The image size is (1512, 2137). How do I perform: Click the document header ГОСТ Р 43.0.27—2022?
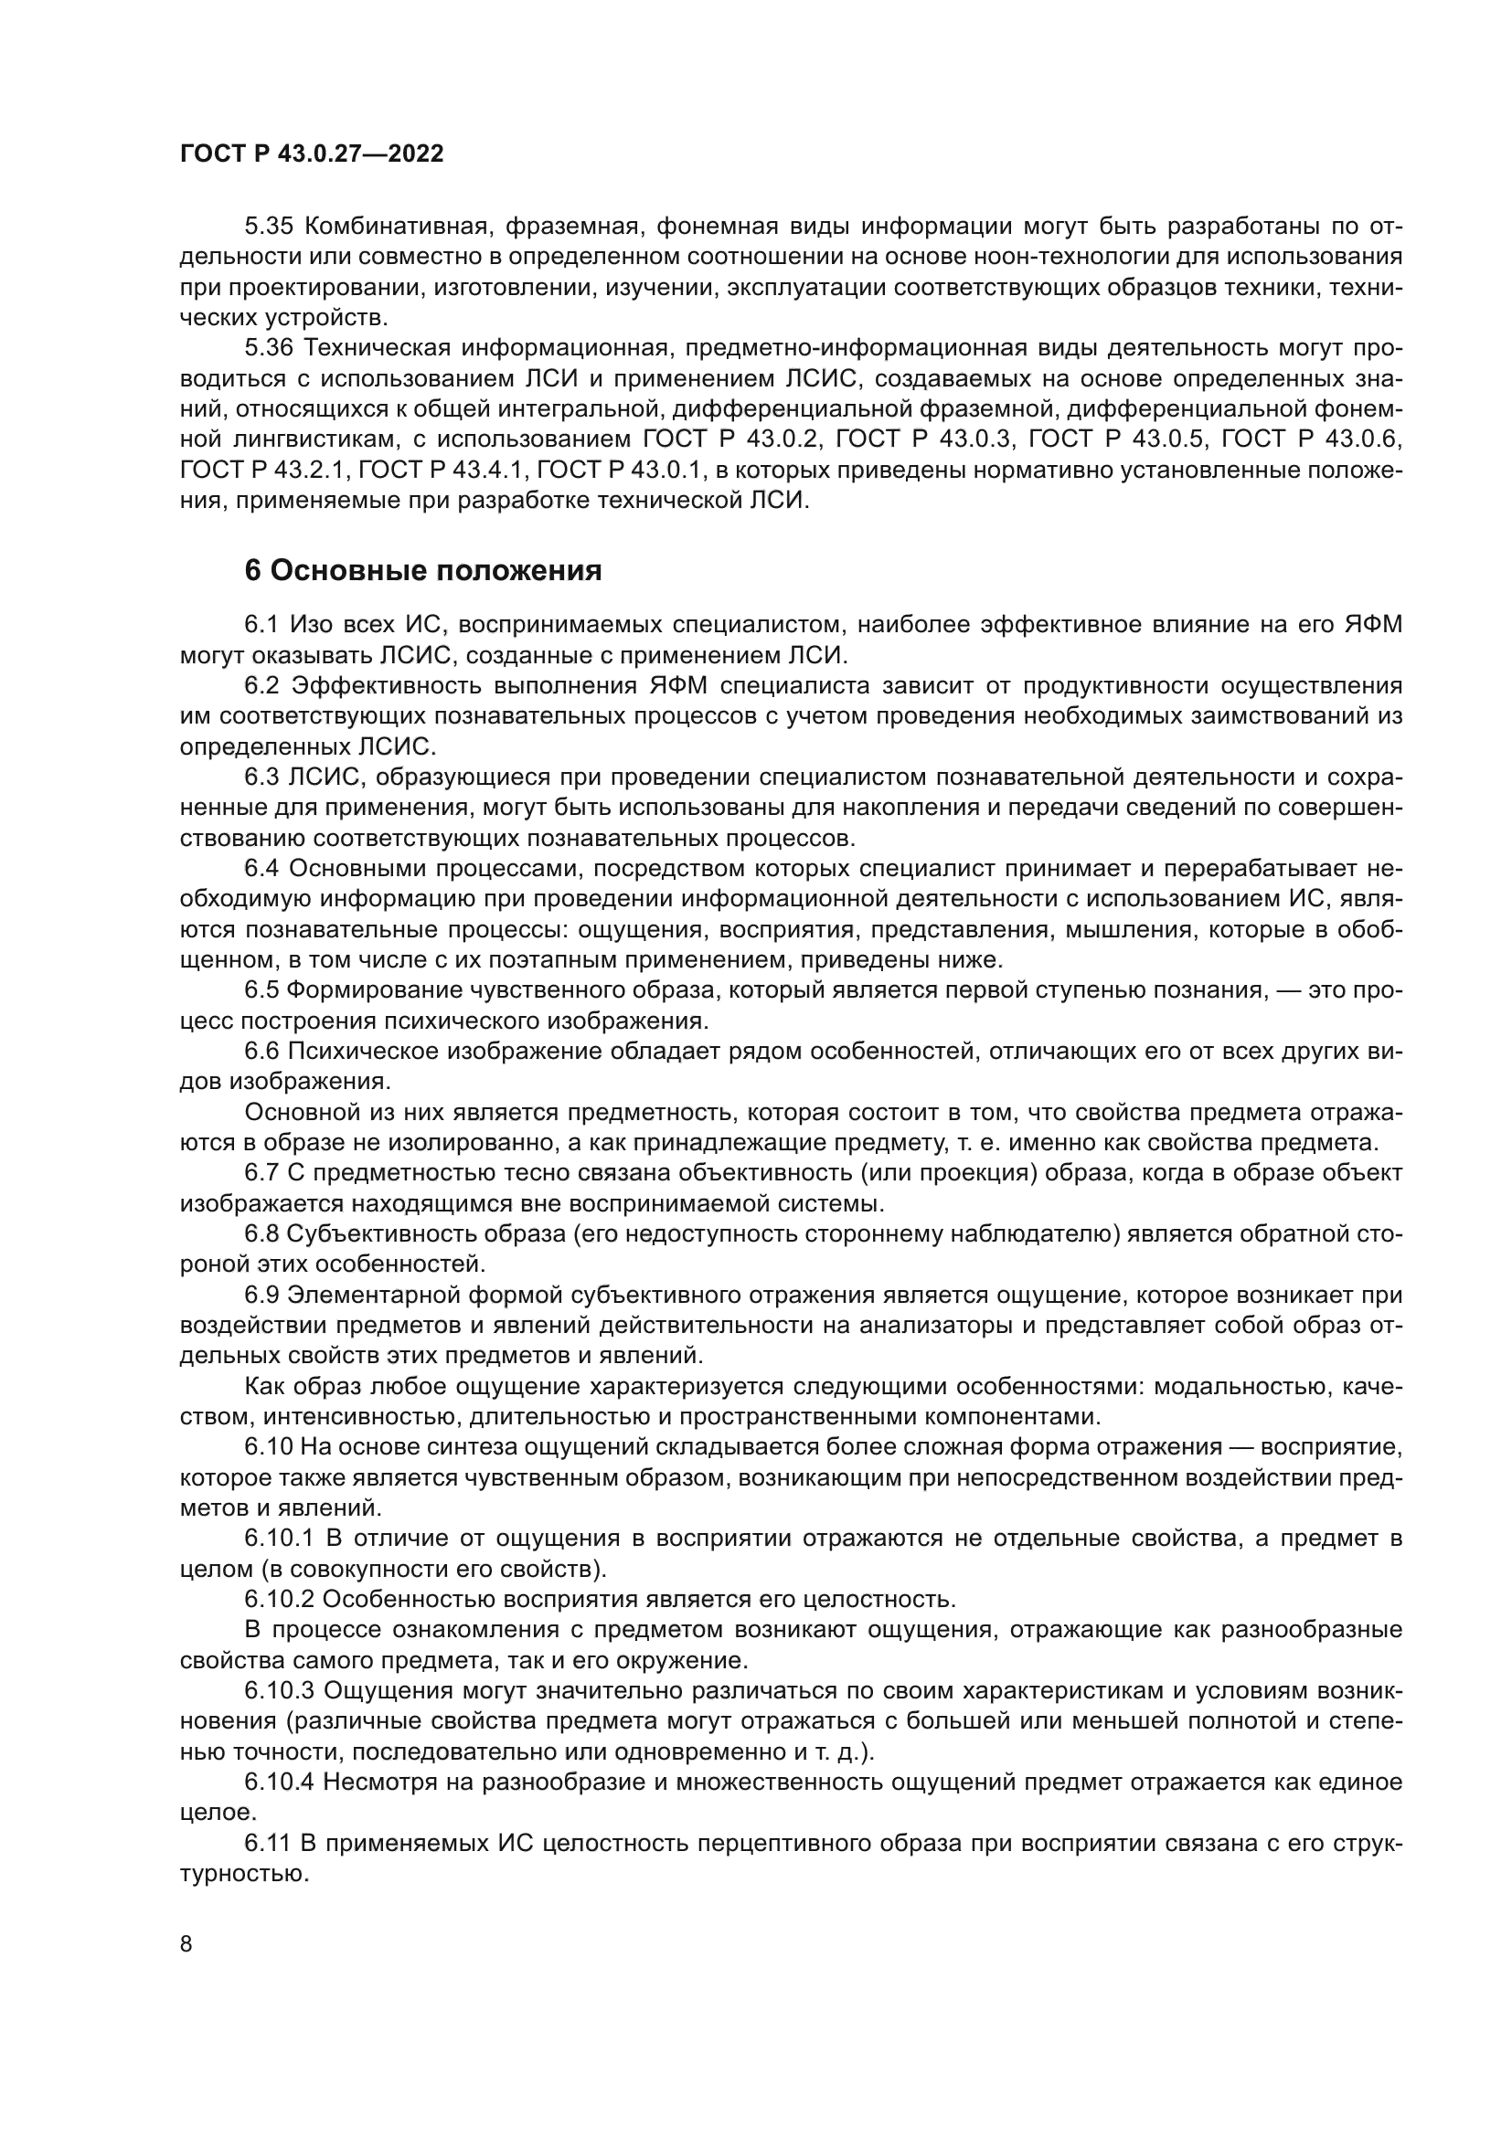coord(312,154)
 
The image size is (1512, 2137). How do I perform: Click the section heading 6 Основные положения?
coord(422,570)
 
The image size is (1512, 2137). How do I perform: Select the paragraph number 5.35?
coord(269,227)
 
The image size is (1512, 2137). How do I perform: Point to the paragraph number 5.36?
coord(269,348)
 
